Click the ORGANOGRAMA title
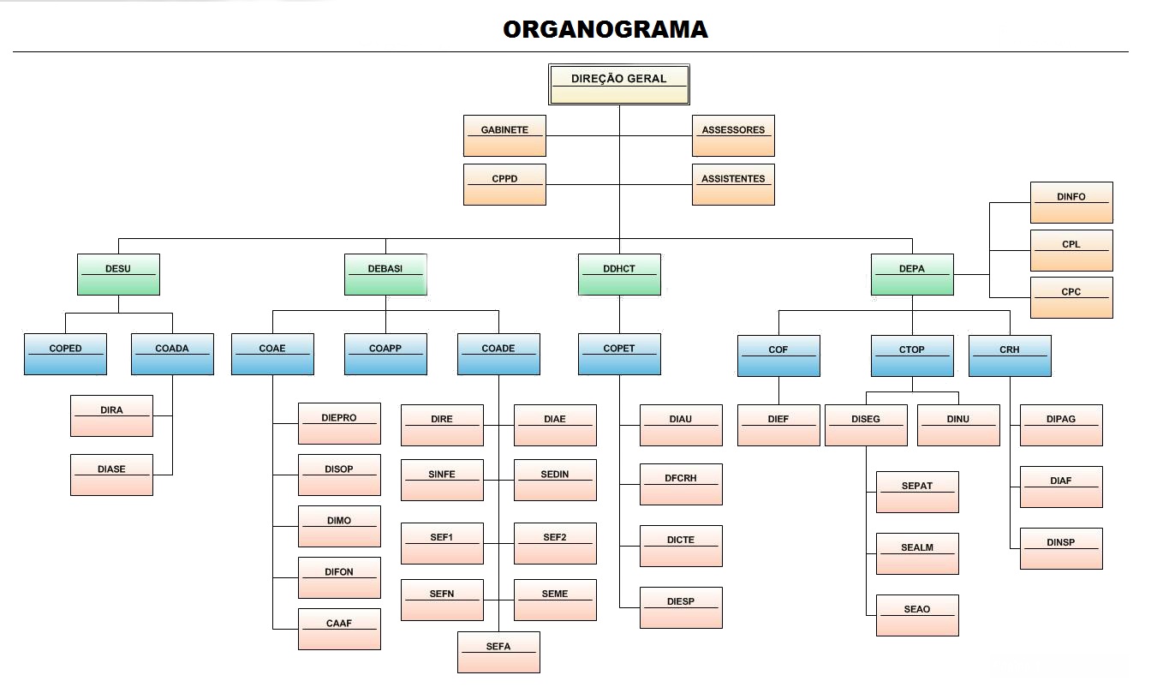605,30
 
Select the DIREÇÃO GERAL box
618,84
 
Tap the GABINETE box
504,135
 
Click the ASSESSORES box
733,135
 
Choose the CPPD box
504,184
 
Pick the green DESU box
118,274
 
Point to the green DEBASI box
385,274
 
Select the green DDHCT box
619,274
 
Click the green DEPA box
912,274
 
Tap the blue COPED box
65,354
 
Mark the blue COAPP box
385,354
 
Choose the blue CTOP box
912,355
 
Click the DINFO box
1071,202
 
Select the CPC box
1071,297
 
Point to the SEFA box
498,652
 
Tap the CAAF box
339,629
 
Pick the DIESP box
681,607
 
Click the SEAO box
917,615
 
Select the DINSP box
1061,548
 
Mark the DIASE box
111,475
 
